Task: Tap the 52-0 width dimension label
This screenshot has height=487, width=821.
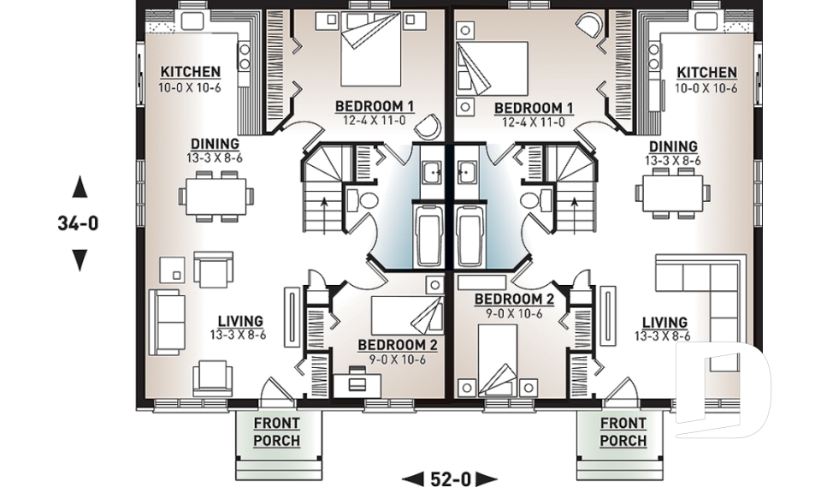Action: (x=450, y=478)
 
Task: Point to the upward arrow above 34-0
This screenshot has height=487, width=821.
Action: (x=80, y=186)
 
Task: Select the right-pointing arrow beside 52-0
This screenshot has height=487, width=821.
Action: (x=487, y=478)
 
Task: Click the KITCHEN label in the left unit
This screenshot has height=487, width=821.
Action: (x=191, y=73)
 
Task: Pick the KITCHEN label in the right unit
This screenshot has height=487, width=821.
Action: (x=706, y=73)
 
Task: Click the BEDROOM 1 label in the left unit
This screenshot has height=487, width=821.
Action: (x=374, y=106)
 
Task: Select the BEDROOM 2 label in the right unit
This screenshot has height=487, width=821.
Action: (x=514, y=299)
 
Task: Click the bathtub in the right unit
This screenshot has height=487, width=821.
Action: (x=471, y=234)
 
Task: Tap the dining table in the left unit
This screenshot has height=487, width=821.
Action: (x=216, y=195)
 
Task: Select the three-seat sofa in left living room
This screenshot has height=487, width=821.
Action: (x=167, y=321)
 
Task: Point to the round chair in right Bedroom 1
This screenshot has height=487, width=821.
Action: (x=589, y=25)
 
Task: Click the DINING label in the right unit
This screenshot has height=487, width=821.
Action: (x=672, y=147)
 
